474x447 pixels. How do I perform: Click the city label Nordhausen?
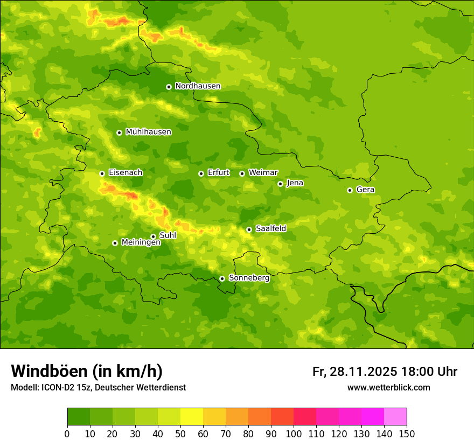tap(198, 86)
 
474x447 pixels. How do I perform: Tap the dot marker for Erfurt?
tap(201, 173)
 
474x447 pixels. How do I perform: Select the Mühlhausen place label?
tap(148, 132)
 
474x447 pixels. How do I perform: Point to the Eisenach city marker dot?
tap(102, 173)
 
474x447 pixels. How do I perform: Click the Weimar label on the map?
tap(263, 173)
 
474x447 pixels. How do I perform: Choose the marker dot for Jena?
tap(280, 184)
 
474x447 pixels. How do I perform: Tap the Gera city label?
tap(365, 190)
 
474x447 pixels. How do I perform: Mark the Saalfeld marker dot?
tap(249, 229)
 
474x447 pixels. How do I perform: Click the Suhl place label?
tap(168, 235)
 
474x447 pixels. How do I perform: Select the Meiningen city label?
tap(141, 243)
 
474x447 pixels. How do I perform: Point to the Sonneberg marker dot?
tap(222, 278)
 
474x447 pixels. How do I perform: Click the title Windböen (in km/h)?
tap(86, 371)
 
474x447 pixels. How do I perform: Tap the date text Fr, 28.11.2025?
tap(354, 372)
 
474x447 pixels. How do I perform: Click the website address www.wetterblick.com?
tap(388, 388)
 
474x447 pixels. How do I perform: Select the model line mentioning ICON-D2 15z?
tap(98, 388)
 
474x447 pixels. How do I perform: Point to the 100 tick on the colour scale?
tap(294, 434)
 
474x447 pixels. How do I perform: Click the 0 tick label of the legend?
tap(67, 434)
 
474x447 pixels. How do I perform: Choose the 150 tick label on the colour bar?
tap(407, 434)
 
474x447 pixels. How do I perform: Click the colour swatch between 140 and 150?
tap(395, 417)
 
